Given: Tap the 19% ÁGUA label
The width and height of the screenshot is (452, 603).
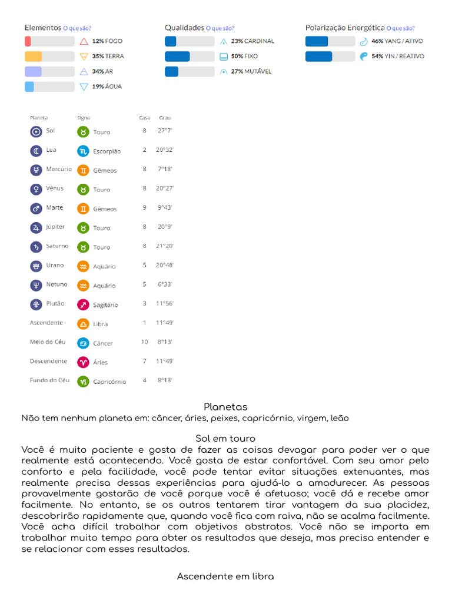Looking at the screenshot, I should (107, 87).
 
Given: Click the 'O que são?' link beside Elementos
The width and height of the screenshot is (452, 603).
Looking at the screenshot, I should (77, 28).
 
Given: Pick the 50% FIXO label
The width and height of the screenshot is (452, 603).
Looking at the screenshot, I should (244, 57).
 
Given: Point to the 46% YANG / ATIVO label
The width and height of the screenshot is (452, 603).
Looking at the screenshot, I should (397, 41).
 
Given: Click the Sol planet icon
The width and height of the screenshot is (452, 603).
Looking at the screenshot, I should (36, 131).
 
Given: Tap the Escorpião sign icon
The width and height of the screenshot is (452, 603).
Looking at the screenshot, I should (83, 151).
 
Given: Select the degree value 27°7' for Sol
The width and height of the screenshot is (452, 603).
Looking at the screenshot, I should (165, 131).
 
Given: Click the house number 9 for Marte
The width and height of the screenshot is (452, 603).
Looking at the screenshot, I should (144, 208).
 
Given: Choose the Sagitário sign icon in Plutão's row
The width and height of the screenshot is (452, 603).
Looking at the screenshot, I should (83, 304).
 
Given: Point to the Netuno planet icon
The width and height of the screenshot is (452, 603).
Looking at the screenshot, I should (36, 285).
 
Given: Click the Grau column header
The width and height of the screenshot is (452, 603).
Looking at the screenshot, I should (165, 118).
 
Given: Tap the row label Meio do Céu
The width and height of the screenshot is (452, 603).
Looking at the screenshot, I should (48, 342).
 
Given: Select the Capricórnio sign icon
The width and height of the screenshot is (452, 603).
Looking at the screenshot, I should (83, 381).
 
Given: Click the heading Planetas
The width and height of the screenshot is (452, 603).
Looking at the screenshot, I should (225, 407).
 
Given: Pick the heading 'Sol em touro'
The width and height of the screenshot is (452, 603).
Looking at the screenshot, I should (225, 439).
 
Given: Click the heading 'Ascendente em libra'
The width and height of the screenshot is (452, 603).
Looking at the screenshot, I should (225, 577).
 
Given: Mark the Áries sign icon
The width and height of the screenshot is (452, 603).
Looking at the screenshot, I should (83, 362).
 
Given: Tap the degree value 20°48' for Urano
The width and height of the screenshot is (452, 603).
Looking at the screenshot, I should (165, 266).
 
